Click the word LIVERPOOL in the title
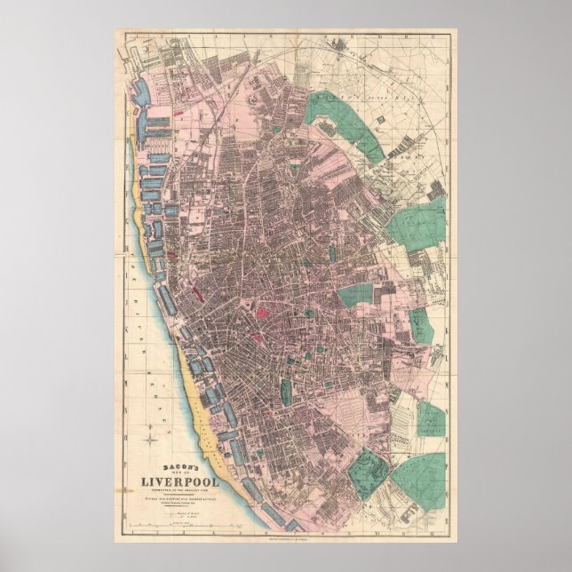pos(184,482)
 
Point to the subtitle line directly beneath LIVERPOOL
pos(184,490)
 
